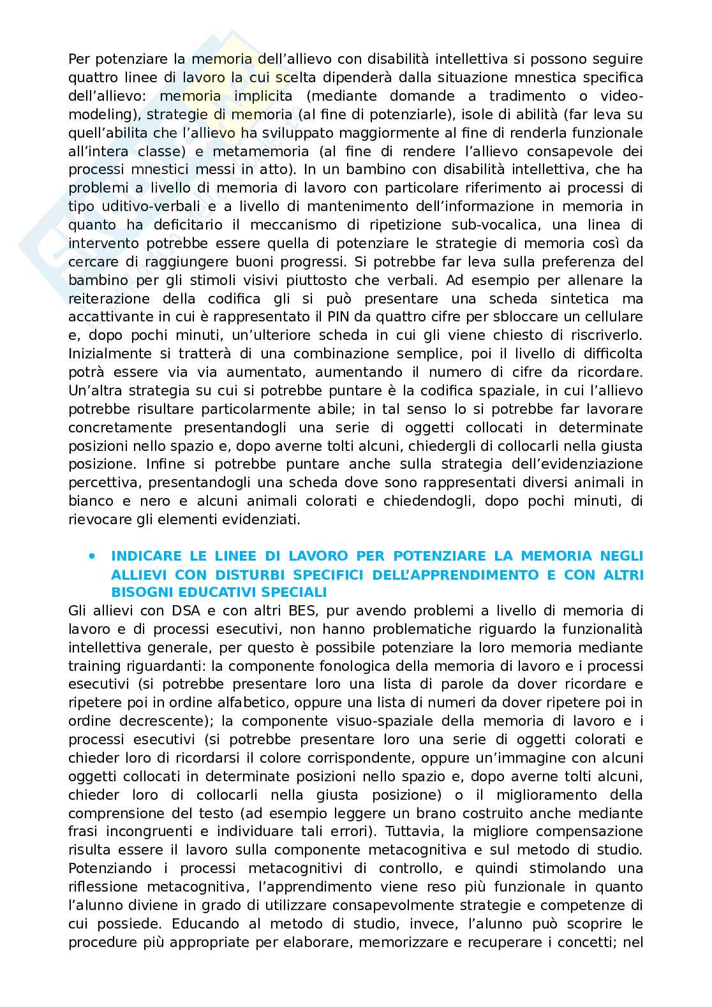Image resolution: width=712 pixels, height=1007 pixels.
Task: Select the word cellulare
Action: pos(614,317)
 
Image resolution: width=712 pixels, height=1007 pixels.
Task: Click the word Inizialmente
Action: pos(110,353)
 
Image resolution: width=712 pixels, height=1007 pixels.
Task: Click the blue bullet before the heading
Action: pos(93,555)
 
